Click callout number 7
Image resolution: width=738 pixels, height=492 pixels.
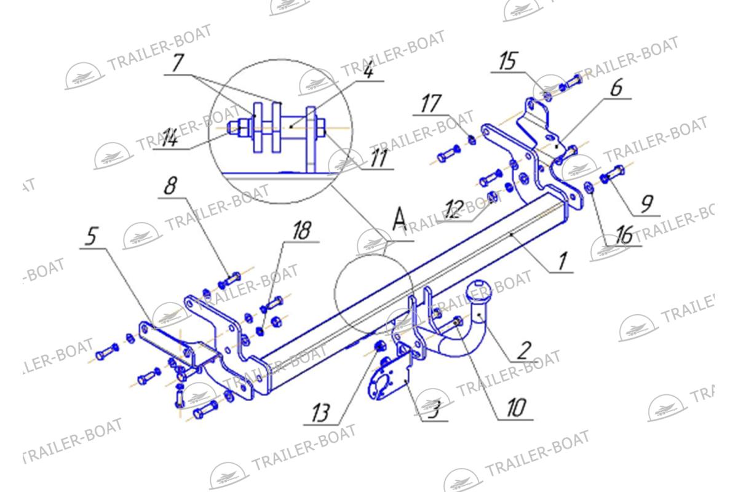[178, 63]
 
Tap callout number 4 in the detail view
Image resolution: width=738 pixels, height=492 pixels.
[368, 70]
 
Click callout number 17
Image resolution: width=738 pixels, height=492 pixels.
[431, 103]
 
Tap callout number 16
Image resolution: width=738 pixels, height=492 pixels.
[624, 235]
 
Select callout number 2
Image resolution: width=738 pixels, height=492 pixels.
[525, 351]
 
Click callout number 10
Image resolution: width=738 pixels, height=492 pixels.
[516, 408]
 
